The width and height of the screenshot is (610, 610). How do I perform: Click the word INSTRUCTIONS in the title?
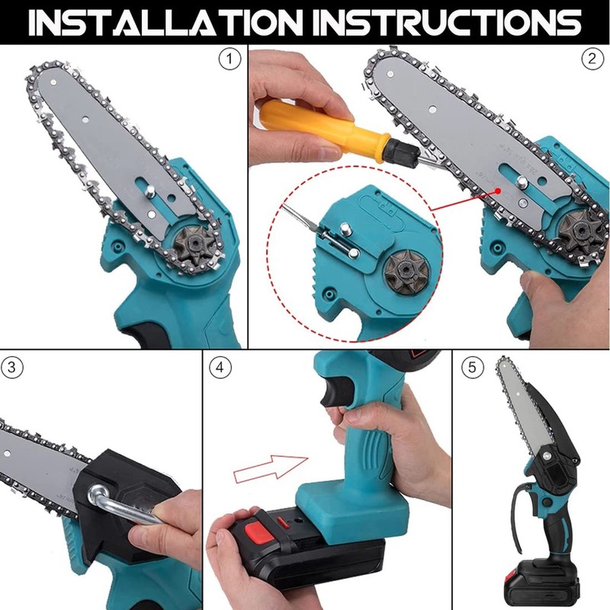coord(450,23)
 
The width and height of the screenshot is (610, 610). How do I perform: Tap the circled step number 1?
coord(226,57)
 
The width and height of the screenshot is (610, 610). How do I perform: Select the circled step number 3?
coord(11,367)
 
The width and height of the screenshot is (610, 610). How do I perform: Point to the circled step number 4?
coord(221,367)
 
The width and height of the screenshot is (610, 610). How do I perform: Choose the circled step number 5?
coord(472,367)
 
